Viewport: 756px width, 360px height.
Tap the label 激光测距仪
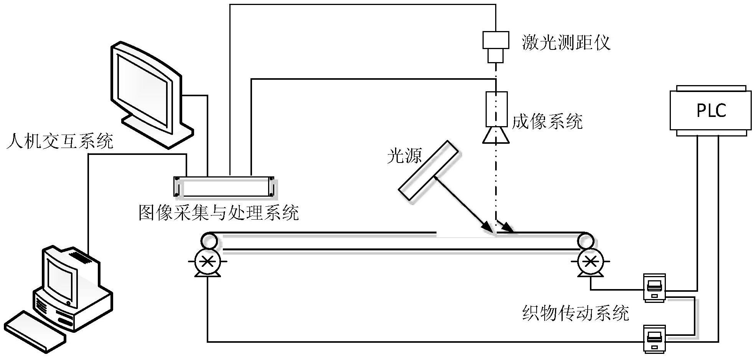[566, 43]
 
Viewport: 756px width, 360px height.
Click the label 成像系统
[547, 122]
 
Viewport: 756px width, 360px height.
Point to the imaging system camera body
[496, 109]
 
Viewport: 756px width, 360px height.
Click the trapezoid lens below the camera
[496, 136]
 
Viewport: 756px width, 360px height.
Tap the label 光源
[404, 156]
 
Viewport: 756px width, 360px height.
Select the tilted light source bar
[428, 170]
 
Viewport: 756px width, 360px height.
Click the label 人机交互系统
[60, 142]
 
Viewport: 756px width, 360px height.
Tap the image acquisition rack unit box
[224, 187]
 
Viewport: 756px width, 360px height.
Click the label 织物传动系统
[575, 313]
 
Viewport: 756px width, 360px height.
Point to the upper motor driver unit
[654, 288]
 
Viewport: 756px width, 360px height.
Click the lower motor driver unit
[654, 339]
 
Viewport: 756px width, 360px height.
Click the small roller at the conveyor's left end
[208, 240]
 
